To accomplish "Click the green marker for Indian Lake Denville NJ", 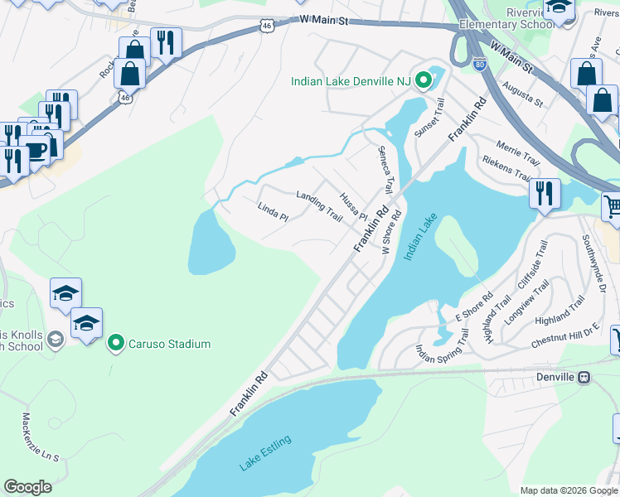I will (424, 81).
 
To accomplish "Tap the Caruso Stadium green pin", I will (117, 343).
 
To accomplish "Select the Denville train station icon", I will (584, 377).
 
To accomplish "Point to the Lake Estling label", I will (265, 453).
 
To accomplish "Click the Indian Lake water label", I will (419, 238).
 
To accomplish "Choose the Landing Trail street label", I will (319, 206).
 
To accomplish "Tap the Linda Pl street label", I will (272, 212).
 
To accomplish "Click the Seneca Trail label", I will (385, 170).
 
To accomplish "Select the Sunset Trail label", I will (430, 119).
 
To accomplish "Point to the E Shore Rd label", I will (474, 307).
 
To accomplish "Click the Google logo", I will (27, 487).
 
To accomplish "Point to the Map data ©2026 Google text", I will (569, 490).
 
